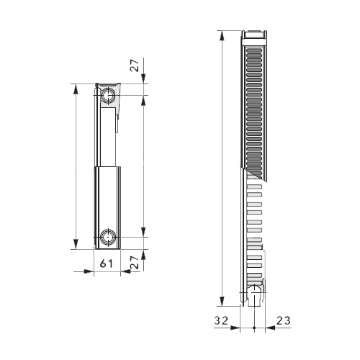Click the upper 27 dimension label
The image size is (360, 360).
(x=135, y=66)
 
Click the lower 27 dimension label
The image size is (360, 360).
(x=135, y=262)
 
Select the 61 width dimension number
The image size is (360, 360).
(x=107, y=264)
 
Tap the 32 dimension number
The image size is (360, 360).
(x=221, y=320)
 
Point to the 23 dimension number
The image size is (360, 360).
(x=284, y=320)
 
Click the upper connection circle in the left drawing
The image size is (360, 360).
(x=108, y=96)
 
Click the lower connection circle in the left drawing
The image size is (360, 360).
(x=108, y=237)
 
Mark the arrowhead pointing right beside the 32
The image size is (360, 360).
(x=235, y=328)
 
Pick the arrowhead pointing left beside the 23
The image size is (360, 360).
(x=271, y=328)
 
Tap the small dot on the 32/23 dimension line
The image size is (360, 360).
(x=254, y=328)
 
